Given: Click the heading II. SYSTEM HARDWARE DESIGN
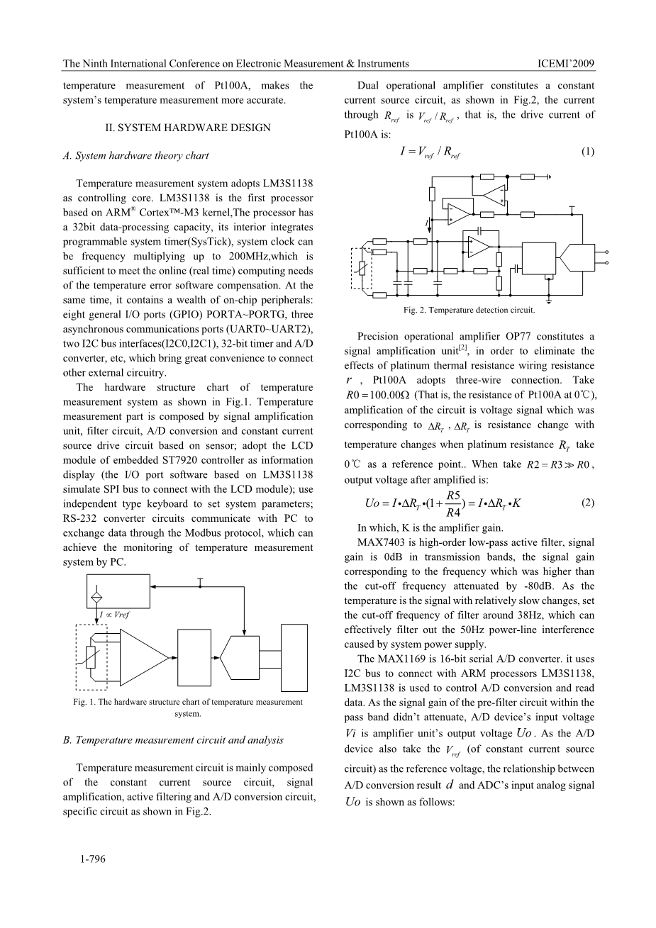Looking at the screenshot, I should click(187, 128).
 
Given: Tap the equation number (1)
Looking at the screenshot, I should click(587, 152).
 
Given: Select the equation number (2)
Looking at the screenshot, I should click(587, 503).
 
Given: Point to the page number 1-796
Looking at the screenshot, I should click(92, 859).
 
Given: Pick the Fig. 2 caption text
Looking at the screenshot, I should click(469, 310).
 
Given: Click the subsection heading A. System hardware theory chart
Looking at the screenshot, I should click(136, 156).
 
